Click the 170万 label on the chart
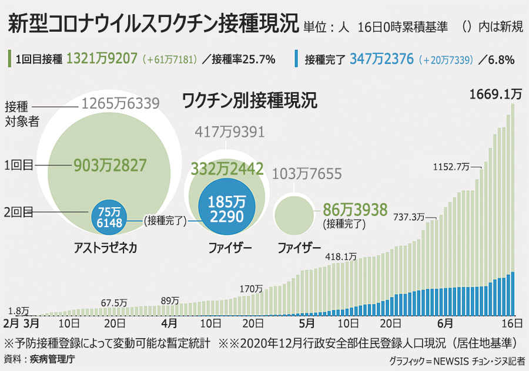252,289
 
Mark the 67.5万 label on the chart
114,302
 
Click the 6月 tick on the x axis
445,323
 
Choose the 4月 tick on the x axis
169,323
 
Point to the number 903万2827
110,166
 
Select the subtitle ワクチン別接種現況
250,100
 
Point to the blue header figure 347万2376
383,58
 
